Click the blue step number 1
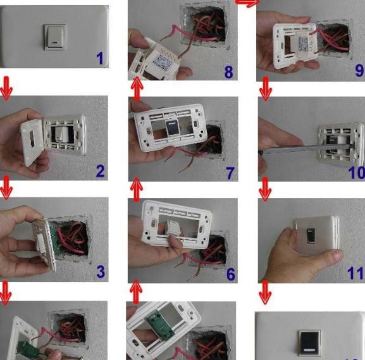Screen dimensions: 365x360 [x=100, y=58]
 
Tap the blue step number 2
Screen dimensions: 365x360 [x=101, y=171]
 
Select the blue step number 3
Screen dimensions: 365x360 [x=101, y=271]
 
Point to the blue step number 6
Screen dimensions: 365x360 [x=231, y=274]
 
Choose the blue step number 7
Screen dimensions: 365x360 [x=230, y=173]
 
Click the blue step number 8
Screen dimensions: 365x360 [x=228, y=72]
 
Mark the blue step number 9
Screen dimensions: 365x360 [x=360, y=70]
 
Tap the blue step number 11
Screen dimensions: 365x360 [x=355, y=273]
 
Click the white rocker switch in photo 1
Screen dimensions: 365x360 [x=55, y=37]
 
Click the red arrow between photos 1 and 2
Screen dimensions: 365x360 [x=6, y=89]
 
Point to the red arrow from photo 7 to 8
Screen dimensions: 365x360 [x=137, y=89]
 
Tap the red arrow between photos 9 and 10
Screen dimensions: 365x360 [x=266, y=89]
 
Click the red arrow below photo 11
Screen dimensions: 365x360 [x=265, y=292]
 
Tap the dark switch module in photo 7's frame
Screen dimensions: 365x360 [x=172, y=127]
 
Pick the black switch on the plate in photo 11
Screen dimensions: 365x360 [x=311, y=235]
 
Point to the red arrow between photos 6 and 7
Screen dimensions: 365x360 [x=137, y=189]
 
